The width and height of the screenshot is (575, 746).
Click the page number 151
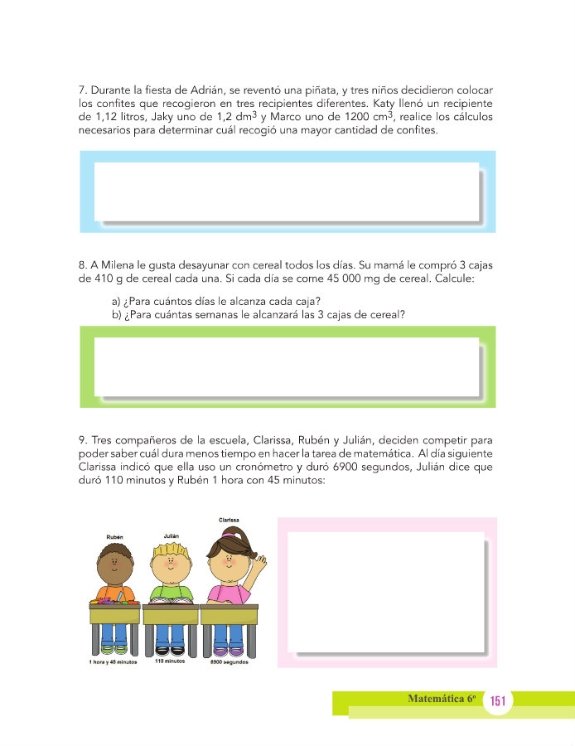click(498, 701)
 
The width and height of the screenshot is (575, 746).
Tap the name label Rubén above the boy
click(116, 537)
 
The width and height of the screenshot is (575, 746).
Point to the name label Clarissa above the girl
click(230, 520)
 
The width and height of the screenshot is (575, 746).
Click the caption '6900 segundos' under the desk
click(230, 661)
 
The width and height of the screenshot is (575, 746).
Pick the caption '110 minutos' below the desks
click(171, 661)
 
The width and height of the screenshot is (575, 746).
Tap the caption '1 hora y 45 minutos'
click(114, 661)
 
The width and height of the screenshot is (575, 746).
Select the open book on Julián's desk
click(171, 597)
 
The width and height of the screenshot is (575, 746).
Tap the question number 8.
click(81, 265)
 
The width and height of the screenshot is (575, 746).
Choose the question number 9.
click(81, 453)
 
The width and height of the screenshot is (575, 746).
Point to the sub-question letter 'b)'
click(117, 314)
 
